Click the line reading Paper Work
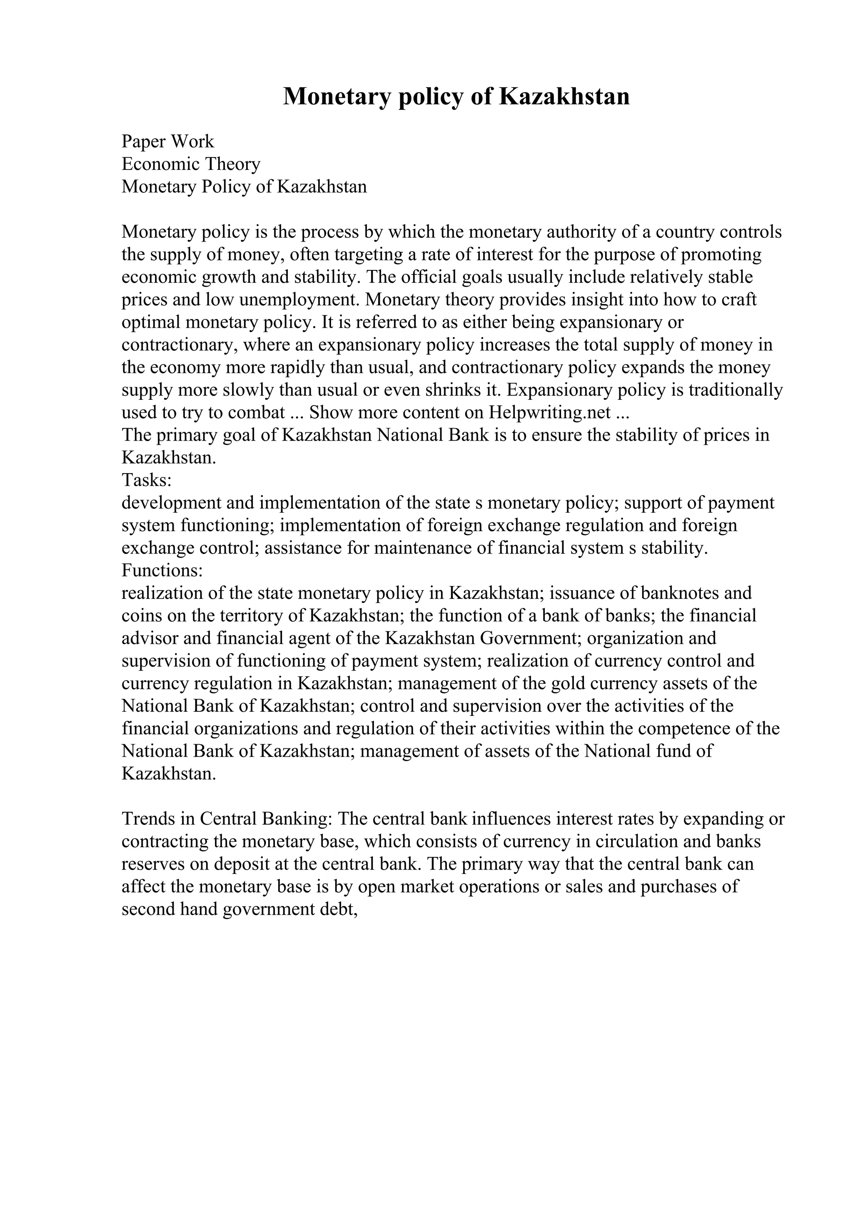click(168, 142)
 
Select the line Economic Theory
click(191, 164)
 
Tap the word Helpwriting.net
click(549, 412)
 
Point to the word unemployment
click(300, 299)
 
